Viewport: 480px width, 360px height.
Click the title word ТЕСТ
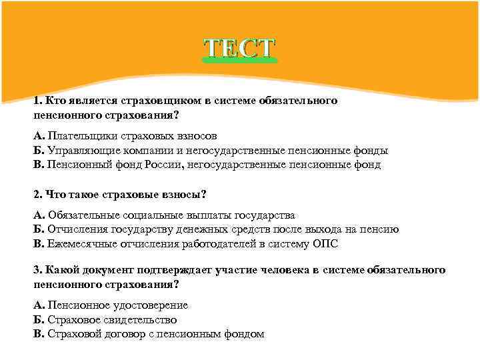coord(239,48)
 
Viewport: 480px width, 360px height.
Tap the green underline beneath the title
coord(239,61)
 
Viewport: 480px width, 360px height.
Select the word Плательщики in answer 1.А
coord(77,136)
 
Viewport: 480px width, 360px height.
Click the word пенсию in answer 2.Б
coord(381,229)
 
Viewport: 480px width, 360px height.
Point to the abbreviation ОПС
coord(325,244)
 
